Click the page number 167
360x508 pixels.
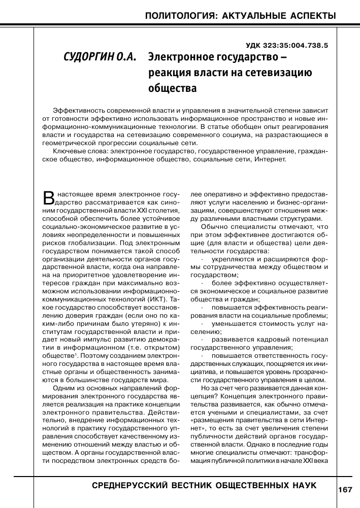(344, 490)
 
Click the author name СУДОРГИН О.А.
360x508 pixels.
(100, 56)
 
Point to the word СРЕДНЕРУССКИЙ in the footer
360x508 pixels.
(128, 486)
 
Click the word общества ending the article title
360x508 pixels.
(172, 89)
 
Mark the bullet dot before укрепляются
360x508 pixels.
(203, 259)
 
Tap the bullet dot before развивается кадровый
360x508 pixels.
(203, 340)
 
